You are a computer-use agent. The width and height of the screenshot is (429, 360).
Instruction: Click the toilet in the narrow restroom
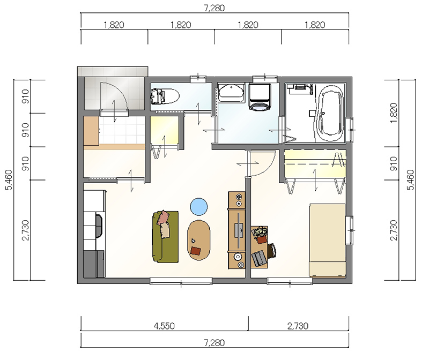pos(165,96)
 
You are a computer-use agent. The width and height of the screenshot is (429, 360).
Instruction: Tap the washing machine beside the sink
pos(260,97)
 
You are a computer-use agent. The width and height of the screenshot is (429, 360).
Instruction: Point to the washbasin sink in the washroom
pos(231,93)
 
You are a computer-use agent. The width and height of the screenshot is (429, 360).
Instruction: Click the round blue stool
pos(199,207)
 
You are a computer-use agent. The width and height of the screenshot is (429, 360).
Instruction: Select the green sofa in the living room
pos(165,237)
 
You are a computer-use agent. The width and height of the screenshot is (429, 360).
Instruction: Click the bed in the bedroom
pos(327,240)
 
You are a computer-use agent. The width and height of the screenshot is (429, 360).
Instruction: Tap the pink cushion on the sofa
pos(163,217)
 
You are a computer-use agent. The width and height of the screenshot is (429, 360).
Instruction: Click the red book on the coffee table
pos(196,251)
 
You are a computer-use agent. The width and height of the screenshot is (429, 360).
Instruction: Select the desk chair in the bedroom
pos(272,251)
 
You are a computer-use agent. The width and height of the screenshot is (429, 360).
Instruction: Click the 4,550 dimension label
pos(164,326)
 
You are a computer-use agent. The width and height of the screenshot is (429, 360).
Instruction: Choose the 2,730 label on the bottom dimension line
pos(298,326)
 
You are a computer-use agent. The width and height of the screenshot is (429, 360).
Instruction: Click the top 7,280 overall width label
pos(214,8)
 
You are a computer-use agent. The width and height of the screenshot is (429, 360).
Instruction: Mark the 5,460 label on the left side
pos(9,179)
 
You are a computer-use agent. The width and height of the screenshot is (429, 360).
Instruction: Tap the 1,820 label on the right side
pos(394,113)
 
